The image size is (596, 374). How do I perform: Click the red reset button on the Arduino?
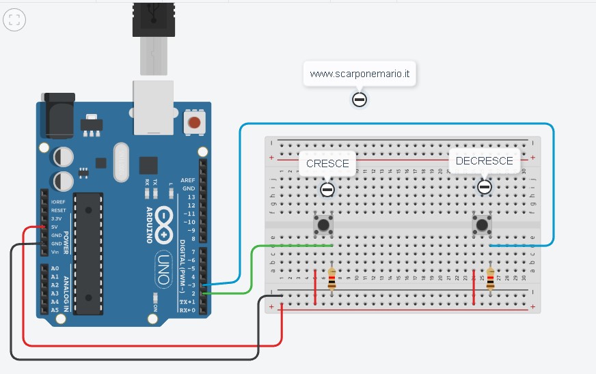click(x=195, y=124)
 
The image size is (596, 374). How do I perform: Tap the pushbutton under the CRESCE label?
click(x=323, y=224)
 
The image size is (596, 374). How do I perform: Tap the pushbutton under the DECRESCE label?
click(x=483, y=224)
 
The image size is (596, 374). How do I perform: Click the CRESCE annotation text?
click(x=327, y=163)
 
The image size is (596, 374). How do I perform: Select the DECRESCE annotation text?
click(x=484, y=161)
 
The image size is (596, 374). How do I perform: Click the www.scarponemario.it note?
click(x=360, y=74)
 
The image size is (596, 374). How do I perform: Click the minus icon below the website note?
click(x=360, y=100)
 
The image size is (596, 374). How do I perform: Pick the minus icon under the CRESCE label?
click(x=327, y=189)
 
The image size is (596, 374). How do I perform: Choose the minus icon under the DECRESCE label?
click(x=485, y=186)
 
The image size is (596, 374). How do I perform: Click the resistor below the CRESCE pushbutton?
click(x=332, y=278)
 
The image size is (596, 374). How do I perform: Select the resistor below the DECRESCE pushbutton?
click(x=490, y=278)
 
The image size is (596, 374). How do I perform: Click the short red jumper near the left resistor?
click(x=315, y=290)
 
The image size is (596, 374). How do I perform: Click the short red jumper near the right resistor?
click(x=474, y=290)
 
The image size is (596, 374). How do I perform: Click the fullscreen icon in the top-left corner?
click(x=14, y=20)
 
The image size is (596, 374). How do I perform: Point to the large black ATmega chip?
click(x=88, y=253)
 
